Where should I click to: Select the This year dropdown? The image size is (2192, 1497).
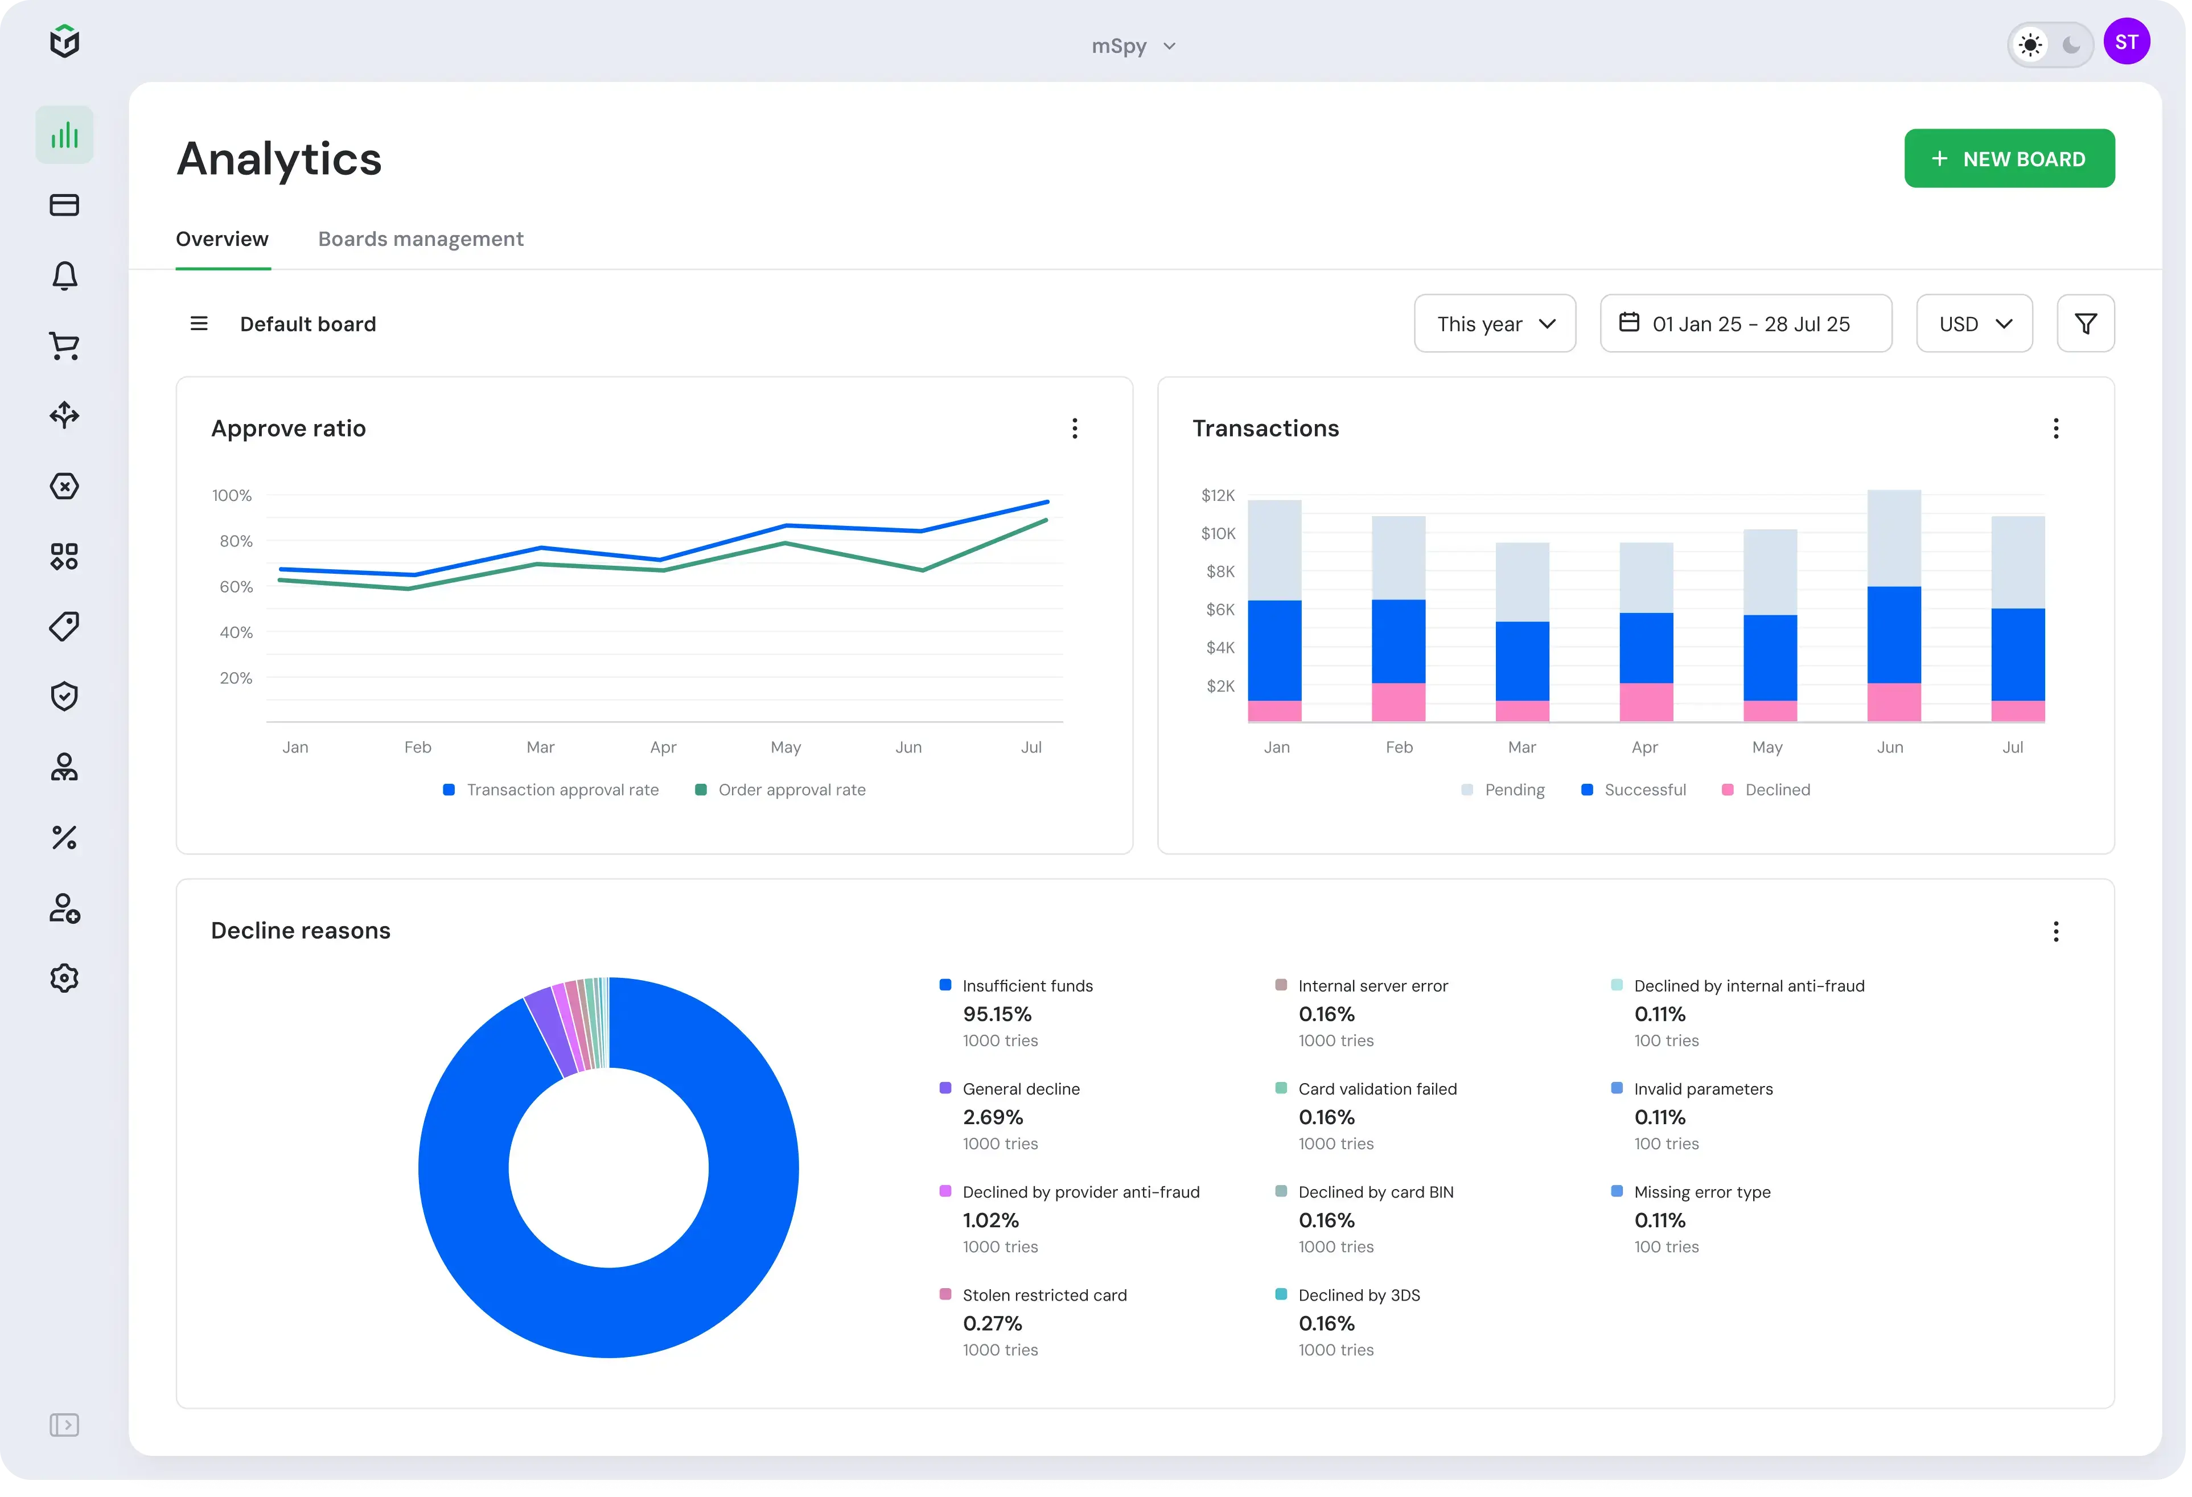point(1494,323)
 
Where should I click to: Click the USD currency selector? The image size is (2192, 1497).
point(1973,323)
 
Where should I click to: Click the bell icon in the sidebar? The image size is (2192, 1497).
point(64,275)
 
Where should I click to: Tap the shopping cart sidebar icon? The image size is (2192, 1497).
point(64,346)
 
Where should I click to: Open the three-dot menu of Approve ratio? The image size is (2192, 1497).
point(1074,428)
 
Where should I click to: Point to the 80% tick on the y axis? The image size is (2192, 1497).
point(236,541)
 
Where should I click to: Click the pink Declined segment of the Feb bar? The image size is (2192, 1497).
point(1398,702)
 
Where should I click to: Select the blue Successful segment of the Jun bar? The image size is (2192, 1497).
point(1893,634)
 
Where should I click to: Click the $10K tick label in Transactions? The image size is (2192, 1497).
point(1217,533)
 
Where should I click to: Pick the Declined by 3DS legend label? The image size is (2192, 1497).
point(1358,1295)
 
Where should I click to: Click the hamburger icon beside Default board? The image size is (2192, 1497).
point(199,323)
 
